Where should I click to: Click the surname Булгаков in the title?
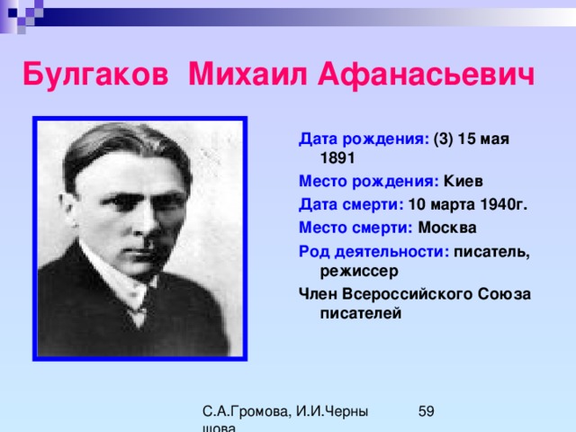coord(95,74)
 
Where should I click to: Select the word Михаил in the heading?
coord(247,74)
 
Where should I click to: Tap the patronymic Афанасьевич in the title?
coord(426,74)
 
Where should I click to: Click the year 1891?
coord(337,158)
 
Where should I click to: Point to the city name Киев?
coord(463,181)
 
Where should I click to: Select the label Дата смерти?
coord(351,205)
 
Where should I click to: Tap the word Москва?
coord(447,228)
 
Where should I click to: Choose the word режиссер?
coord(359,272)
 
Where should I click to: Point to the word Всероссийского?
coord(408,294)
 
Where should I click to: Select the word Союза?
coord(504,294)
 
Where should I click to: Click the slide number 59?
coord(426,411)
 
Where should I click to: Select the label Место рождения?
coord(369,182)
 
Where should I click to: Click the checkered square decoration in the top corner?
coord(22,14)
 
